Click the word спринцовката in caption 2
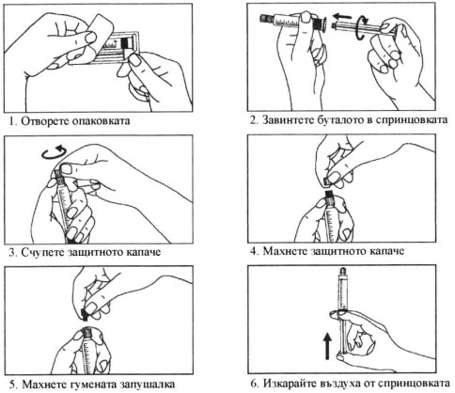[x=410, y=120]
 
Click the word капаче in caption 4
[x=387, y=251]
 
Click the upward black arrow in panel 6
[x=327, y=346]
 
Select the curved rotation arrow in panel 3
[x=55, y=152]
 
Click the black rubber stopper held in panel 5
[x=85, y=315]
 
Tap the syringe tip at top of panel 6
[x=344, y=270]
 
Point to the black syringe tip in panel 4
[x=328, y=196]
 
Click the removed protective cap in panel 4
[x=327, y=181]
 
